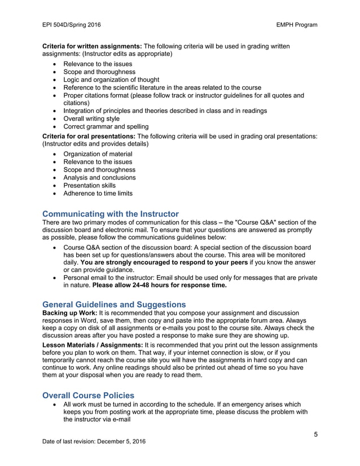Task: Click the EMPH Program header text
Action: pos(297,25)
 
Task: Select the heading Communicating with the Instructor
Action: pos(111,214)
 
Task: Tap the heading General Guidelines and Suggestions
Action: pos(114,305)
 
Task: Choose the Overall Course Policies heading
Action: pos(89,395)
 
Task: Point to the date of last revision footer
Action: pos(94,441)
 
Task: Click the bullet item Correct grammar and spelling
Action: pos(106,127)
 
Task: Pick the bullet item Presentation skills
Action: pos(89,186)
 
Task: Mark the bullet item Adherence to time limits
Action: pos(98,194)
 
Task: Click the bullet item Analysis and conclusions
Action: pos(99,178)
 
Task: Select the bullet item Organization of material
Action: pos(98,154)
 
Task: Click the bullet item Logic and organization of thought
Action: pos(111,80)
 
